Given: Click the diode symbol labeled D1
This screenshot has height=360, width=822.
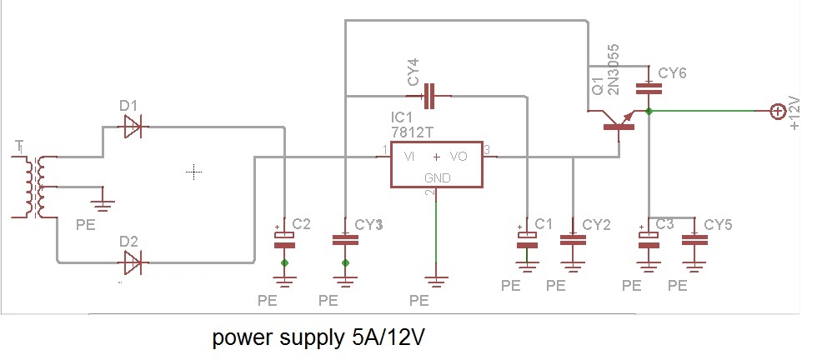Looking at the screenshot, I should [132, 127].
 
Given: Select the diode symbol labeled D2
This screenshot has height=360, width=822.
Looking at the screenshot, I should [132, 263].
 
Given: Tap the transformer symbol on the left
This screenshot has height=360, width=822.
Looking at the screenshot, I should [33, 187].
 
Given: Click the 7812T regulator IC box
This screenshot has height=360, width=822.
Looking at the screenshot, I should [436, 163].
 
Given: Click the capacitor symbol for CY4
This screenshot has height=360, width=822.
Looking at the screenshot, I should [430, 96].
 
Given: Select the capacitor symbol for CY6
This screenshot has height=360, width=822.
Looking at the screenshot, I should [648, 87].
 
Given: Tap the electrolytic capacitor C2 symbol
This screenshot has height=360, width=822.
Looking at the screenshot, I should [285, 238].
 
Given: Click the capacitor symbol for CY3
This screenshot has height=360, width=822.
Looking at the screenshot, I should [345, 239].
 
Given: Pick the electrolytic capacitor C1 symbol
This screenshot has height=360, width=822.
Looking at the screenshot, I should [526, 238].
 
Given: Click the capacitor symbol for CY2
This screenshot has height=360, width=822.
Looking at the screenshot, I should [573, 239].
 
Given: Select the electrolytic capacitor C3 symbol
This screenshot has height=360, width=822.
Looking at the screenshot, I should [648, 238].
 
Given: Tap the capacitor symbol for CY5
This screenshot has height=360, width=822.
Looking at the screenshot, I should [694, 239].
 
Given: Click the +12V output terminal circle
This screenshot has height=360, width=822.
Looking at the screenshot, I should [776, 110].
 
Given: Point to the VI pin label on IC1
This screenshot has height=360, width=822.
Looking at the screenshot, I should [409, 156].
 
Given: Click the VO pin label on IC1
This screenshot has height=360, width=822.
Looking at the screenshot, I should [459, 156].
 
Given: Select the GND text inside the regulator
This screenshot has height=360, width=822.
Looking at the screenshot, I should [436, 177].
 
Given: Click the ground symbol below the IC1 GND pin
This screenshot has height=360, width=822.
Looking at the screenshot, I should [435, 278].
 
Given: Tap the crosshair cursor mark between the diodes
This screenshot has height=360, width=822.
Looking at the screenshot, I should [194, 172].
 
